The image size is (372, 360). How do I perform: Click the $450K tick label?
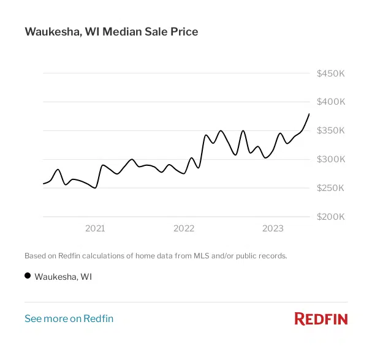[x=331, y=73]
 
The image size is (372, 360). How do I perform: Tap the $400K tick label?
[x=331, y=102]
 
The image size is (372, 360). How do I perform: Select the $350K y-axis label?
[x=331, y=130]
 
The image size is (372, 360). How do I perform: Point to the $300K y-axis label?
[x=331, y=159]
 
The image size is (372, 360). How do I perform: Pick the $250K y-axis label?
[x=331, y=188]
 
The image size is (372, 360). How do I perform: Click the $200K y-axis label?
[x=331, y=217]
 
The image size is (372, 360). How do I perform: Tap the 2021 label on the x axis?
[x=95, y=229]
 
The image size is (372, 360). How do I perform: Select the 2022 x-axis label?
[x=184, y=229]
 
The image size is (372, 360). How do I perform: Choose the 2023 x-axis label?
[x=273, y=229]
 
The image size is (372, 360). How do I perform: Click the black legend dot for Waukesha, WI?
[x=28, y=276]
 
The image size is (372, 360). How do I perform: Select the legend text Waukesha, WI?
[x=63, y=277]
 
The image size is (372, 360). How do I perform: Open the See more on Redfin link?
[x=69, y=318]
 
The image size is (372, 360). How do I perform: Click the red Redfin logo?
[x=321, y=318]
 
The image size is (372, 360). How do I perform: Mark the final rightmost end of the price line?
[x=309, y=114]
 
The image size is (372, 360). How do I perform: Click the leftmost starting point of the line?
[x=44, y=184]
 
